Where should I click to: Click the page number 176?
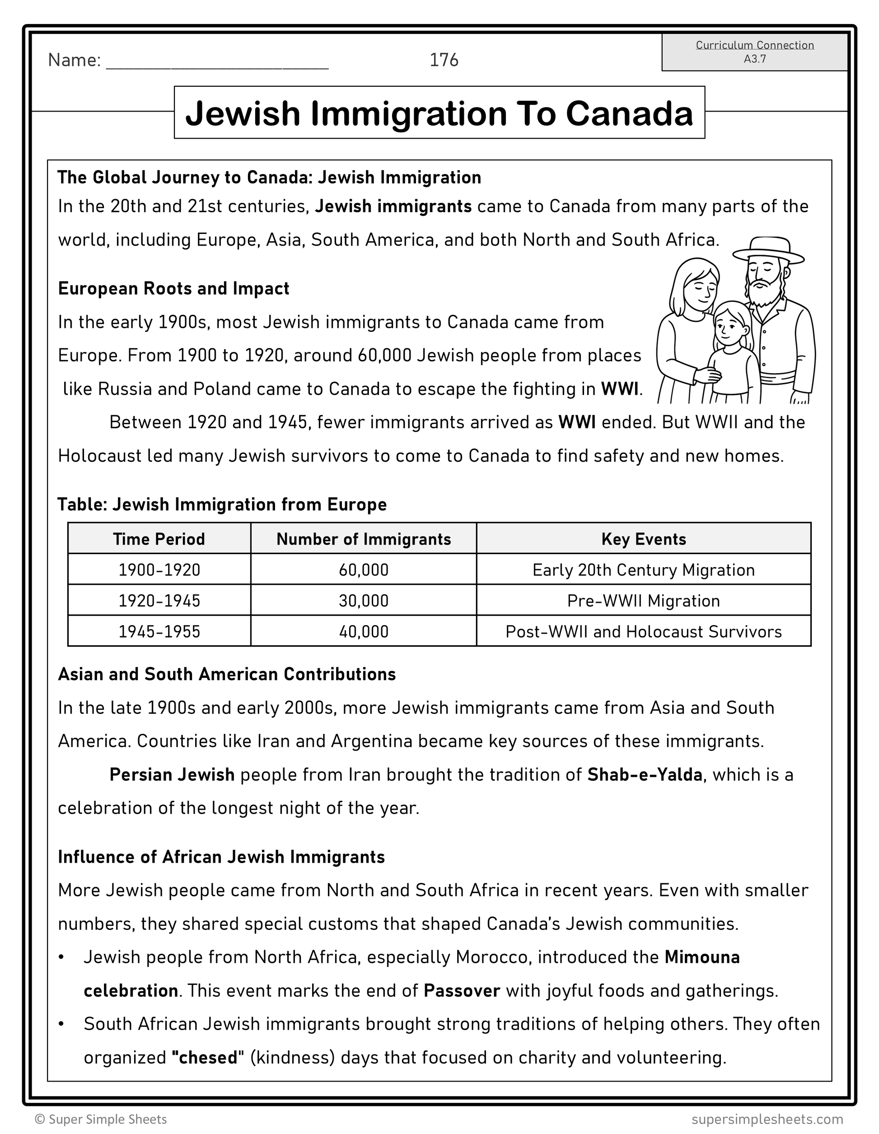(444, 60)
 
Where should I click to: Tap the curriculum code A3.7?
(754, 59)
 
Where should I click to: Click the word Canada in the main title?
(629, 113)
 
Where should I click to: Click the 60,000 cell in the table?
(364, 569)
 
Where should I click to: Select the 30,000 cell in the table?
(364, 601)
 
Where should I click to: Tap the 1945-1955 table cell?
(159, 631)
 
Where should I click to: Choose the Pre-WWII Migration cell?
(643, 601)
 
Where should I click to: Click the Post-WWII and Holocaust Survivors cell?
(643, 631)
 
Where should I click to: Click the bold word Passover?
(462, 991)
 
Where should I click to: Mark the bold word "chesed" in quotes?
(208, 1058)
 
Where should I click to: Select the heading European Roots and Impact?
(173, 288)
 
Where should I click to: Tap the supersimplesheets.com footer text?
(767, 1119)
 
